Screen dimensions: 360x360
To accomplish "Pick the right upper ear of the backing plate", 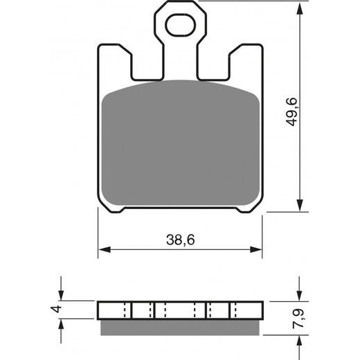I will [246, 62].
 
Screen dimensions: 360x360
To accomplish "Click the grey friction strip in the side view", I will [180, 324].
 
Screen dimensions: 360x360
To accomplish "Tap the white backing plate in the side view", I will [180, 309].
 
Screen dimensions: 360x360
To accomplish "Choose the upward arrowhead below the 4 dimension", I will [62, 323].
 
